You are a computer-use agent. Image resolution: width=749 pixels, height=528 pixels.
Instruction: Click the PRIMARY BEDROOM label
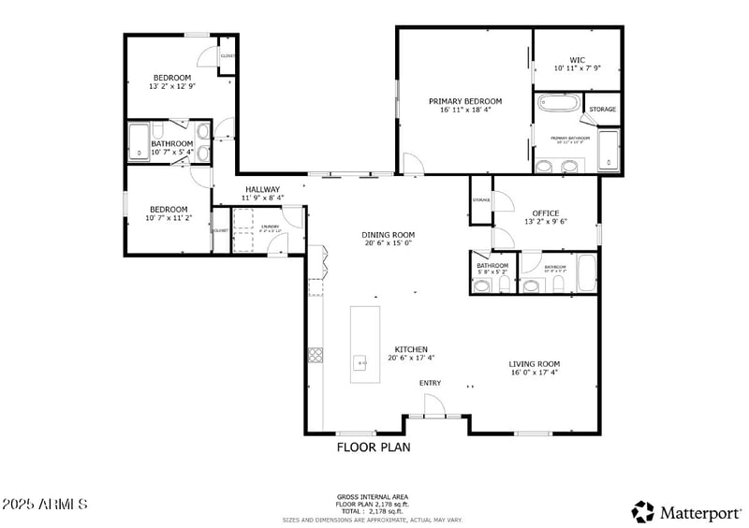point(465,101)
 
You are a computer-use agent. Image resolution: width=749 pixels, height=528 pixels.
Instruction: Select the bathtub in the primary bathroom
point(558,103)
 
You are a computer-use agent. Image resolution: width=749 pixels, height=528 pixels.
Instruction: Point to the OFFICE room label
point(546,213)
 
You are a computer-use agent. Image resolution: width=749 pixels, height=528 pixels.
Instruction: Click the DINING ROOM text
point(389,235)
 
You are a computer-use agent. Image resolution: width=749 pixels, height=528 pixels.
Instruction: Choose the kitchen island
point(365,344)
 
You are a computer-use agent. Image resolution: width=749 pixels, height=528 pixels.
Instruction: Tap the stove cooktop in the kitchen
point(316,354)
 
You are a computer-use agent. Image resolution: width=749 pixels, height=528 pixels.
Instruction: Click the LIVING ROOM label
point(534,364)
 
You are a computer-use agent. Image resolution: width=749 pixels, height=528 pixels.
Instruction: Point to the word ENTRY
point(430,383)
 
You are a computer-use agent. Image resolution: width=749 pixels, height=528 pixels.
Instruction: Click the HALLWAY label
point(262,190)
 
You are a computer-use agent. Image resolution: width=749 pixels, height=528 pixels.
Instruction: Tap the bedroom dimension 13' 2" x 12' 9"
point(172,86)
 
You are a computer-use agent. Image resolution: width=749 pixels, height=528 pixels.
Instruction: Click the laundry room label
point(270,227)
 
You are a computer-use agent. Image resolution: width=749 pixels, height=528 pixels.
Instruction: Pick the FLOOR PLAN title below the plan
point(374,447)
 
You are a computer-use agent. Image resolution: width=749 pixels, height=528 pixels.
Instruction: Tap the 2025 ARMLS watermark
point(45,505)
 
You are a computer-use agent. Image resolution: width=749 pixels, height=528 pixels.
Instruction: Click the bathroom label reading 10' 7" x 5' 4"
point(172,152)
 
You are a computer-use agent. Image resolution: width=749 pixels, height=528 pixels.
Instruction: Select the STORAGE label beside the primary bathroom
point(602,110)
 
